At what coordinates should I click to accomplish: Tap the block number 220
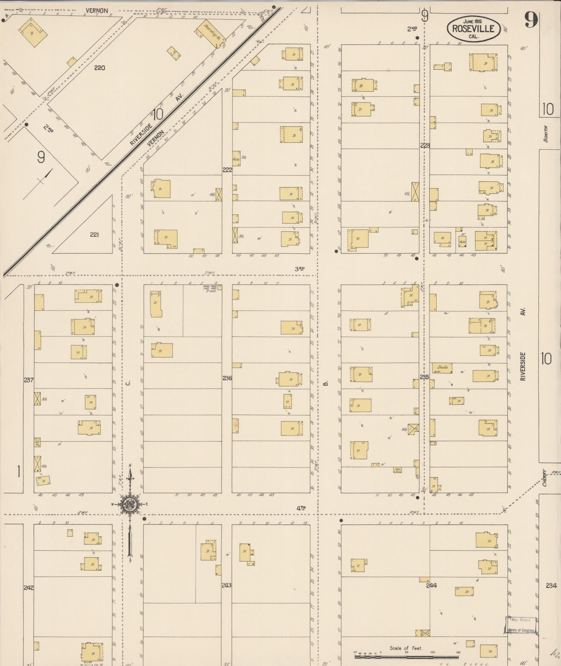pos(99,68)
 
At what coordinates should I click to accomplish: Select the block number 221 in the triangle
pos(94,235)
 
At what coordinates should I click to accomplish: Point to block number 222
pos(227,170)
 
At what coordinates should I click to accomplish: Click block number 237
pos(29,379)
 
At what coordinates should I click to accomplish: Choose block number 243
pos(227,585)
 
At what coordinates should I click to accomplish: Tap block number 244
pos(431,585)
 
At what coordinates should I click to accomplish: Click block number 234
pos(551,585)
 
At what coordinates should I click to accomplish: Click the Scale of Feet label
pos(406,648)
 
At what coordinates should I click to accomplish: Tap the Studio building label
pos(442,367)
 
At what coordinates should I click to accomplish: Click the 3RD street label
pos(299,268)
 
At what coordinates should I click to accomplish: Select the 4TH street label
pos(301,508)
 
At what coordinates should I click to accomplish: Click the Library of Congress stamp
pos(521,625)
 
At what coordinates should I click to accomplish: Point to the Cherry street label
pos(545,479)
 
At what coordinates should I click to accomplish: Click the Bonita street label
pos(546,133)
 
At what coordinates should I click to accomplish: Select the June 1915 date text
pos(473,22)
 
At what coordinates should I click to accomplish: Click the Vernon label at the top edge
pos(97,11)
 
